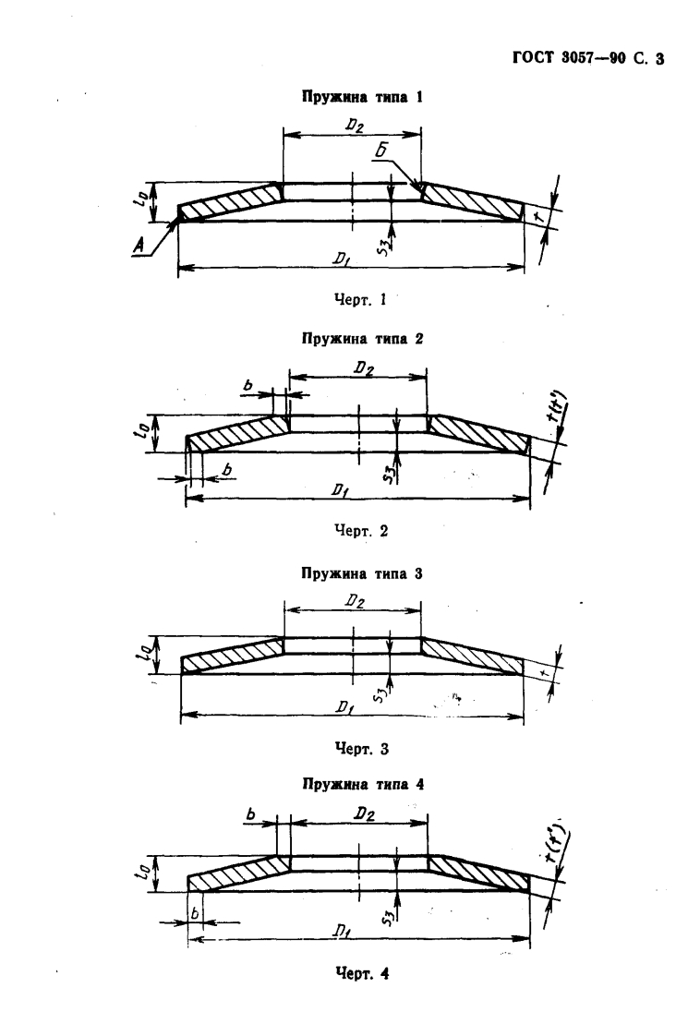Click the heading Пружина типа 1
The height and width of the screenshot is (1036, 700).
(x=354, y=96)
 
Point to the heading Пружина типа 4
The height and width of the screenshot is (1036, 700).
(x=354, y=785)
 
